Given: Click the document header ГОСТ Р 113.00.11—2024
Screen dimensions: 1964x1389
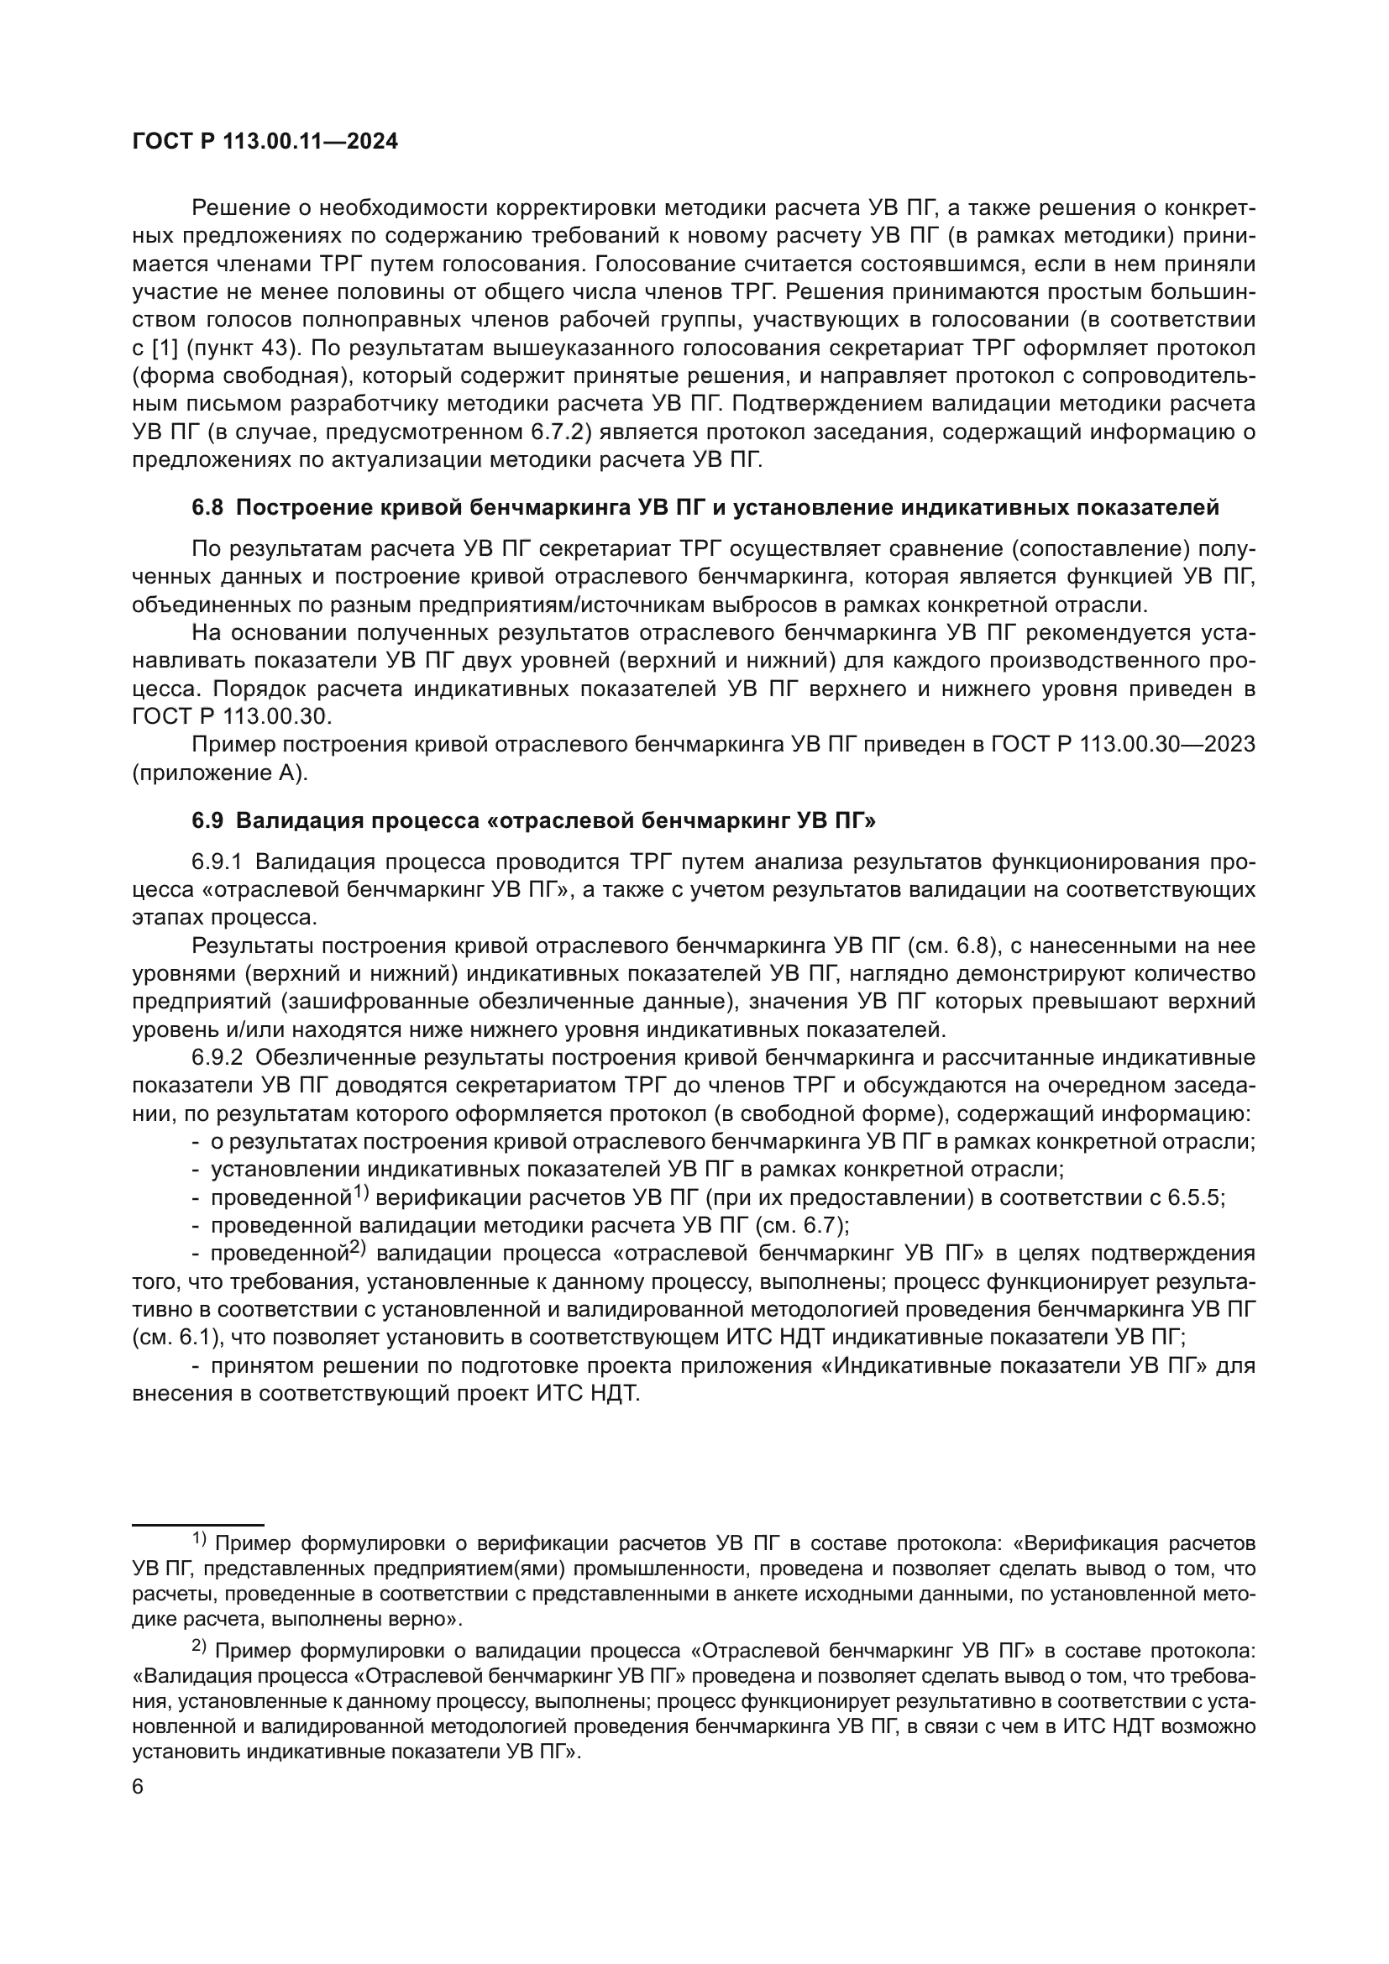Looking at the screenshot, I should pos(265,142).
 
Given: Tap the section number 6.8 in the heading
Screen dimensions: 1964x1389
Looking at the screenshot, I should pos(207,507).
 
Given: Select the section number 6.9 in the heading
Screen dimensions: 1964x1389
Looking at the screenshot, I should pos(207,820).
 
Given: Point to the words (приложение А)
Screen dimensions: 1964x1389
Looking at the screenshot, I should pos(218,773).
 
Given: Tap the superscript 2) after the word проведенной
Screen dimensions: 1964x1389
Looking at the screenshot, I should pos(358,1249).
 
